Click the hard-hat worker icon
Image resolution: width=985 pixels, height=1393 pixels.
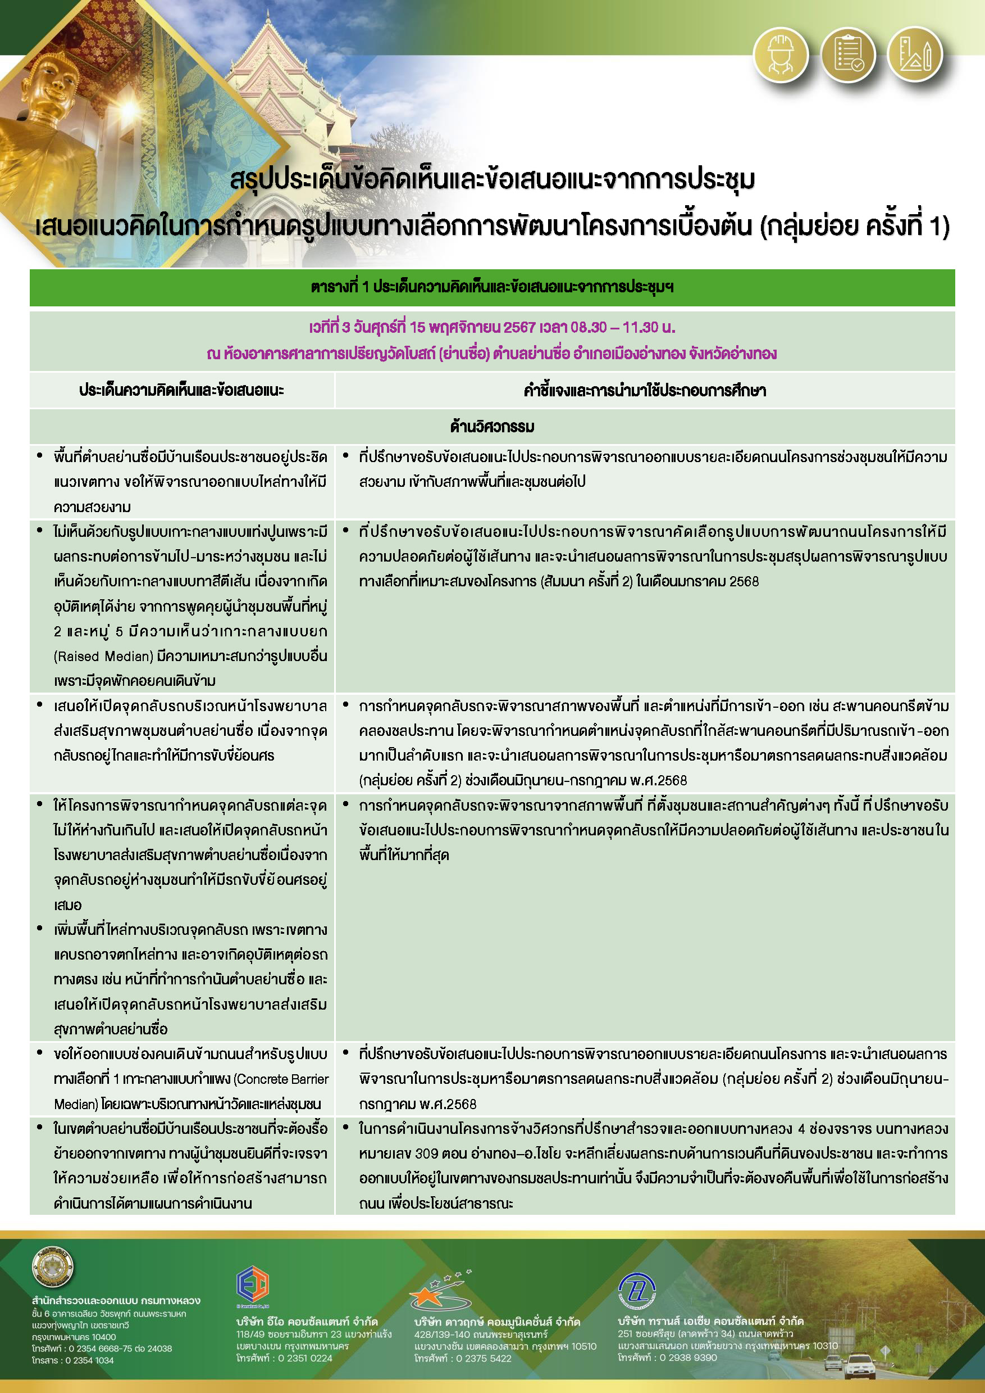781,55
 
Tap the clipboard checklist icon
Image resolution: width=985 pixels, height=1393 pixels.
847,55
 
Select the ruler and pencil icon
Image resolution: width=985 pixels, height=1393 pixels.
915,55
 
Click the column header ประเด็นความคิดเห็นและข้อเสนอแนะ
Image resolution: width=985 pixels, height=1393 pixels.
181,390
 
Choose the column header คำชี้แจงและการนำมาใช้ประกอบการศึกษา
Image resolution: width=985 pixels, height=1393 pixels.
645,390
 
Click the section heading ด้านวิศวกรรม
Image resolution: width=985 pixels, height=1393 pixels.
492,427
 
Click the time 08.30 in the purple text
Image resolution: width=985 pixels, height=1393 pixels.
588,327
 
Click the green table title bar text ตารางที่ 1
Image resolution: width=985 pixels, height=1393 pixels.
340,287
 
